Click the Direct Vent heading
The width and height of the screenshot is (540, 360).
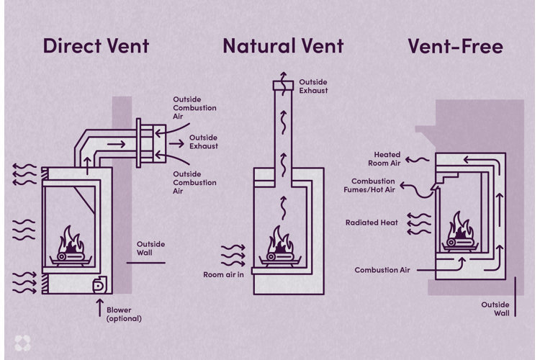coord(96,46)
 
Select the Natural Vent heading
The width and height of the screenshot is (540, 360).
coord(283,46)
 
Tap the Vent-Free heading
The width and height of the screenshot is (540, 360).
coord(455,46)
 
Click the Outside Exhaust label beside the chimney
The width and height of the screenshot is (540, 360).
coord(314,86)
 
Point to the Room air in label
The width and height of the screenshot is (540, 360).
coord(224,275)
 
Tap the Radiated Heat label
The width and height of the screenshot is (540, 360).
coord(372,222)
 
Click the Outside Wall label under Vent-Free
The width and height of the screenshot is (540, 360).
coord(495,309)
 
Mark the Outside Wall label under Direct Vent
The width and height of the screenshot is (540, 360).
coord(150,248)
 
